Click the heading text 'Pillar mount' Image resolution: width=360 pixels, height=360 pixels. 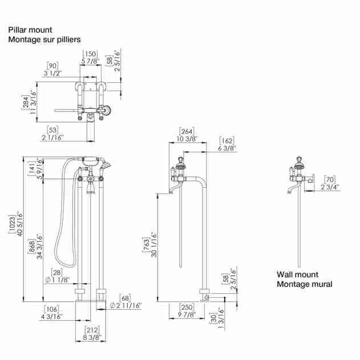[30, 30]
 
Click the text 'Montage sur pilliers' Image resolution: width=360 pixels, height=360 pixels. [45, 39]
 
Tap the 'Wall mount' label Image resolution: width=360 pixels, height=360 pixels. [297, 274]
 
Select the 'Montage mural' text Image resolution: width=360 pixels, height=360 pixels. [305, 284]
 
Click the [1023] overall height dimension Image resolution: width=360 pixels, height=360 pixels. [12, 224]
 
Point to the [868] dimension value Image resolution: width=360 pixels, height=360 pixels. [31, 246]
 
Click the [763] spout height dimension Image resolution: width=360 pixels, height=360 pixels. [146, 245]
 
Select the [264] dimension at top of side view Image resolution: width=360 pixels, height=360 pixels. [187, 131]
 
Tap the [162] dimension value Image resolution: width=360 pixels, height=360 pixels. [227, 140]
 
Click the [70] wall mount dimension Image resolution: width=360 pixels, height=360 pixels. [330, 180]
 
